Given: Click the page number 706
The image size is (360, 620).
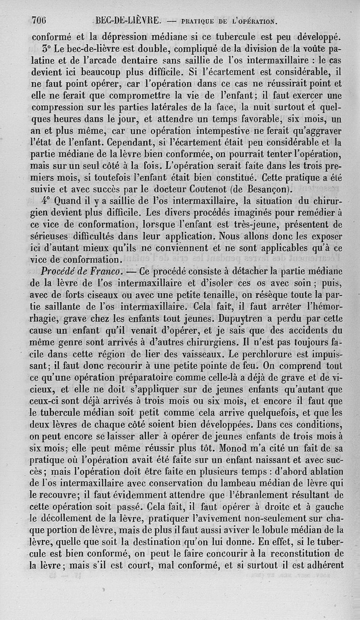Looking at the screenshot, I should tap(40, 20).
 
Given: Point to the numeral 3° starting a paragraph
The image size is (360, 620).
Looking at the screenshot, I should tap(48, 48).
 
